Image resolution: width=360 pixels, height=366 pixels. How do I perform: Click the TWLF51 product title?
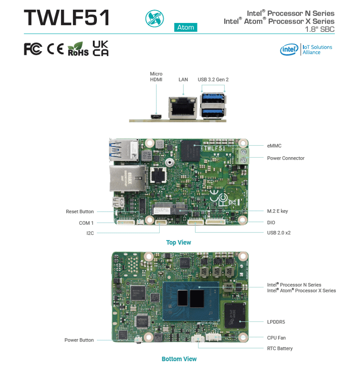(67, 18)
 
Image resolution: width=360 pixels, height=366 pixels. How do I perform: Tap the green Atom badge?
(186, 27)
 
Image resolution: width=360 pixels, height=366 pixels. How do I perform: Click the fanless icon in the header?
(154, 18)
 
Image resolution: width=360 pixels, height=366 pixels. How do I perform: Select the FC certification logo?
(33, 49)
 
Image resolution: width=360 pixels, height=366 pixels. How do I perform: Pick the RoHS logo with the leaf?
(78, 49)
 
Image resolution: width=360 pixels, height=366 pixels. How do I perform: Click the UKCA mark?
(101, 48)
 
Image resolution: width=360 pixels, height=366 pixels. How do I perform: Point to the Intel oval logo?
(289, 49)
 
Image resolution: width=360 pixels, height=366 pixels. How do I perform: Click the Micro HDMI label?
(156, 77)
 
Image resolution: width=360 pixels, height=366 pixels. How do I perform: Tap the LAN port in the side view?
(183, 107)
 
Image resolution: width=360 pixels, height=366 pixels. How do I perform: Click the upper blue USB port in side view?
(212, 99)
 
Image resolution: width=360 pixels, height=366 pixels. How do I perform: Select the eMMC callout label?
(274, 146)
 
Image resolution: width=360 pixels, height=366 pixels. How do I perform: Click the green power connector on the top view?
(243, 156)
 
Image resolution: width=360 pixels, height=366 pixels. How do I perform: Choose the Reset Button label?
(80, 211)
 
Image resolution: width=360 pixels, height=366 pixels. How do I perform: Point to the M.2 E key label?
(277, 211)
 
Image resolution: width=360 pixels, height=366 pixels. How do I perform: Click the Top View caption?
(178, 242)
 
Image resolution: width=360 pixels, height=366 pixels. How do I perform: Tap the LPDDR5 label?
(276, 322)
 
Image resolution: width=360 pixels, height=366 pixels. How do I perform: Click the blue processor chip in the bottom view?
(191, 301)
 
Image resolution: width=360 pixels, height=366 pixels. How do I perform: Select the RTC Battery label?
(279, 348)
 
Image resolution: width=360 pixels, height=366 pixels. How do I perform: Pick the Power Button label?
(79, 340)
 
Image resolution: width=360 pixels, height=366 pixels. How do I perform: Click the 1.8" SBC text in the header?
(320, 29)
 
